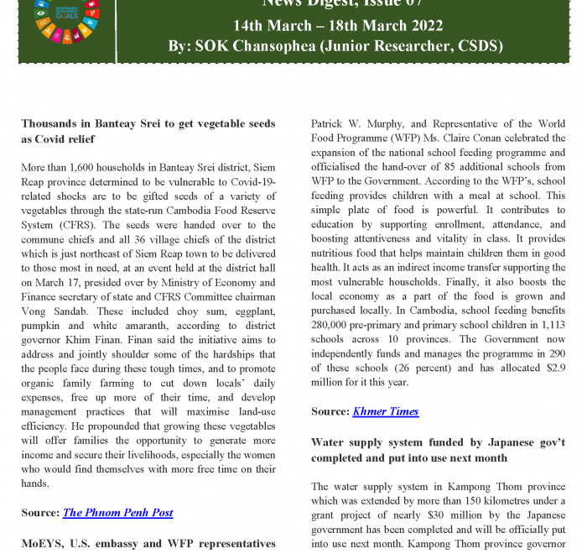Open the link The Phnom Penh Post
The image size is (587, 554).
(117, 512)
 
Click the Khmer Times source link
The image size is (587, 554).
(385, 411)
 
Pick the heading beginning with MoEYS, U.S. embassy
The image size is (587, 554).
(148, 543)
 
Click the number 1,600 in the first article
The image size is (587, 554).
(86, 168)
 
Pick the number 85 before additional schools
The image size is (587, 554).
(439, 166)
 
